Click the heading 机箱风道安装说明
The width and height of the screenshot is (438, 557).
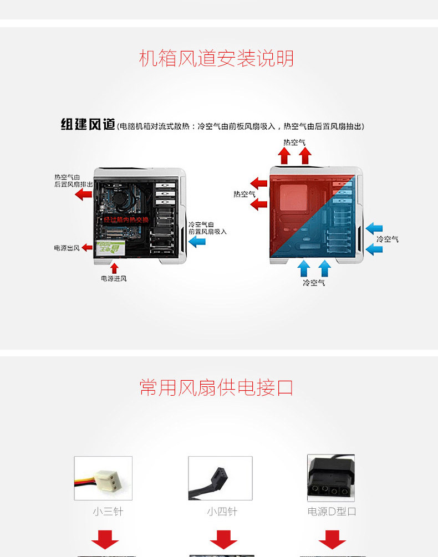pos(216,59)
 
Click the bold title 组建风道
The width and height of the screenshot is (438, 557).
pos(88,125)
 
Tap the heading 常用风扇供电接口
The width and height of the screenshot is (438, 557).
pos(216,387)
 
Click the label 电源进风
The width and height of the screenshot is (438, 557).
pos(114,278)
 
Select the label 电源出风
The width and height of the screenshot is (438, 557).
pos(67,248)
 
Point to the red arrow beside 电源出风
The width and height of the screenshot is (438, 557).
pos(87,248)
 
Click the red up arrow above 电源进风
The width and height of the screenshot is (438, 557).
pos(114,268)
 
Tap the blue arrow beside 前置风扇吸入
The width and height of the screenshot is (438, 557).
pos(197,242)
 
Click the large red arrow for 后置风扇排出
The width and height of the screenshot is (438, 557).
pos(84,193)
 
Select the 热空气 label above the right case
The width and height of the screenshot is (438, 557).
pos(294,142)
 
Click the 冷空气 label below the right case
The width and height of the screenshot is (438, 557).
pos(314,283)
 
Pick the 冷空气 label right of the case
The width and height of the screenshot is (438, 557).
pos(387,239)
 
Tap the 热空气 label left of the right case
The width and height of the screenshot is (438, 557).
pos(244,194)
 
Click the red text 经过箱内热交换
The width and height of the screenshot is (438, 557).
pos(126,220)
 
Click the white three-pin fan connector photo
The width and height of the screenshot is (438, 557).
pos(103,478)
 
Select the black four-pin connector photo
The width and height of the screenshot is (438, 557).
pos(220,478)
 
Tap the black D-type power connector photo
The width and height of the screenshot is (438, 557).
pos(331,478)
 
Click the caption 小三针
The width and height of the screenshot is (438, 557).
pos(108,512)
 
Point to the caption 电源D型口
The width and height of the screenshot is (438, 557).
pos(332,512)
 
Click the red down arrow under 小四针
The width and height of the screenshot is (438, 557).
pos(223,539)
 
